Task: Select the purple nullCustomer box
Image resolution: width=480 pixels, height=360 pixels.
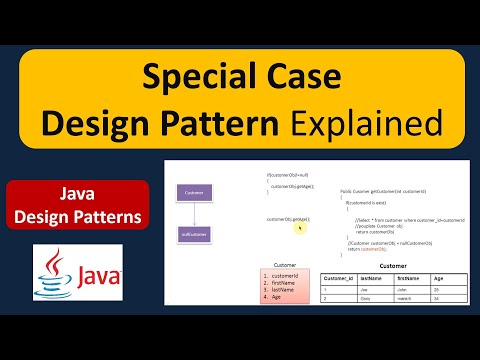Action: [192, 235]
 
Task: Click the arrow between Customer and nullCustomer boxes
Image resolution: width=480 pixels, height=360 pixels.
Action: [192, 213]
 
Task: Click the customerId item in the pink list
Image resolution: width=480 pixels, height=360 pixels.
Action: [285, 274]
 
